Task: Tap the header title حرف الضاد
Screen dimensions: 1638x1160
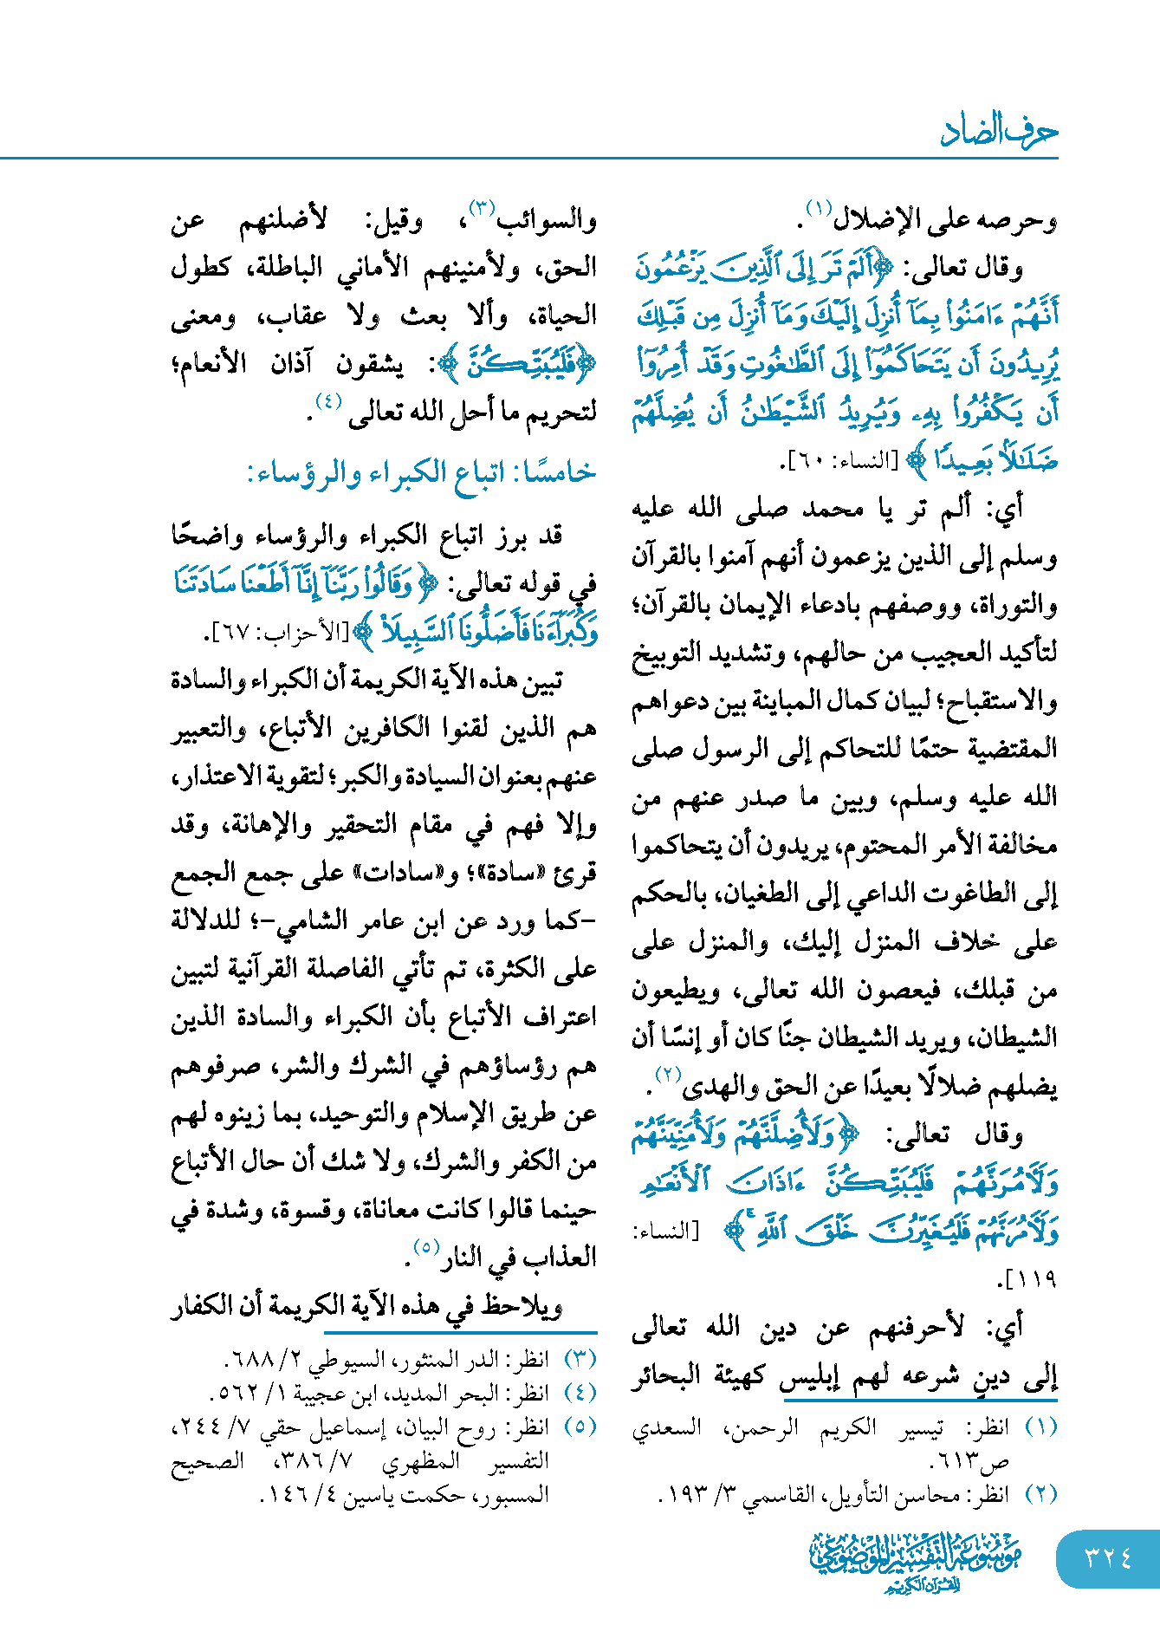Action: click(x=999, y=131)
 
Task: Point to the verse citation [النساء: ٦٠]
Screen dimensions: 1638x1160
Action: click(x=840, y=460)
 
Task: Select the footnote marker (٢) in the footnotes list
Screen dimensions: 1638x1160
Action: click(x=1040, y=1494)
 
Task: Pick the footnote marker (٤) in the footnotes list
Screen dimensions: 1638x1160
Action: click(x=580, y=1393)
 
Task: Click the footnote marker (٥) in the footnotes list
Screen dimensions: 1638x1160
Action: click(x=580, y=1427)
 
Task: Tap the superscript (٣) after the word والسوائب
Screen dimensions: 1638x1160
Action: click(x=481, y=208)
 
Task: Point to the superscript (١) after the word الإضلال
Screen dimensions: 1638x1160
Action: click(x=817, y=208)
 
